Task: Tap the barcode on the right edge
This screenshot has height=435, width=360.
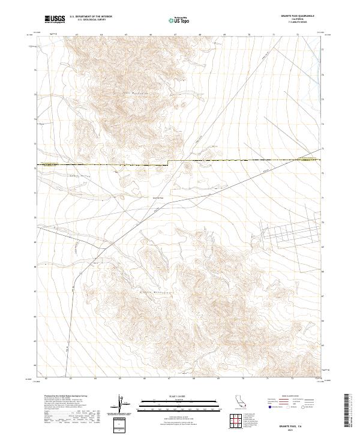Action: point(351,410)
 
